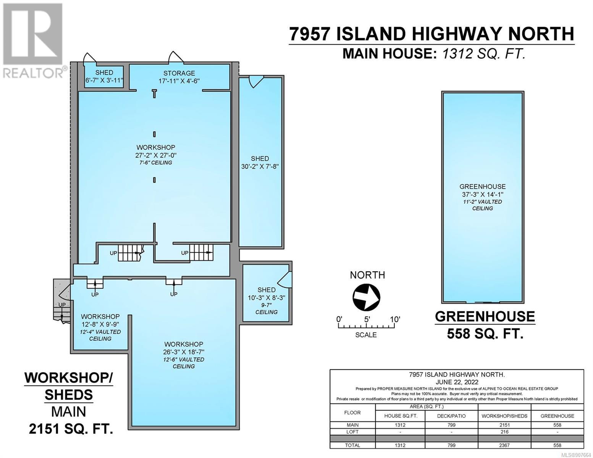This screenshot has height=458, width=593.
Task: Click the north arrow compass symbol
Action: pos(366,297)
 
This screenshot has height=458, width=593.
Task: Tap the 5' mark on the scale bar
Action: pos(367,319)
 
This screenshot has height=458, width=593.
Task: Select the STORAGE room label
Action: pos(179,73)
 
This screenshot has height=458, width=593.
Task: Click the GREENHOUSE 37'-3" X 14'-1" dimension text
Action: pos(482,195)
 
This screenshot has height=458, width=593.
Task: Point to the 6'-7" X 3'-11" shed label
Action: pos(104,81)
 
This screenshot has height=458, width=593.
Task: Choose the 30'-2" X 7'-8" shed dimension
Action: pos(260,166)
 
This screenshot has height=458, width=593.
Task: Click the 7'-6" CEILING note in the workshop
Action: pos(155,163)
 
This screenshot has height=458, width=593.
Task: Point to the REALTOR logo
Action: pos(33,41)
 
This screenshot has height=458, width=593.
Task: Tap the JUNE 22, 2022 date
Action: pos(457,382)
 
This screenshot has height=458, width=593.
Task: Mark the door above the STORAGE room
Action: pos(176,57)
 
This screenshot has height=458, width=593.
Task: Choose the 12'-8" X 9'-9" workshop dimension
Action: pos(100,324)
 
